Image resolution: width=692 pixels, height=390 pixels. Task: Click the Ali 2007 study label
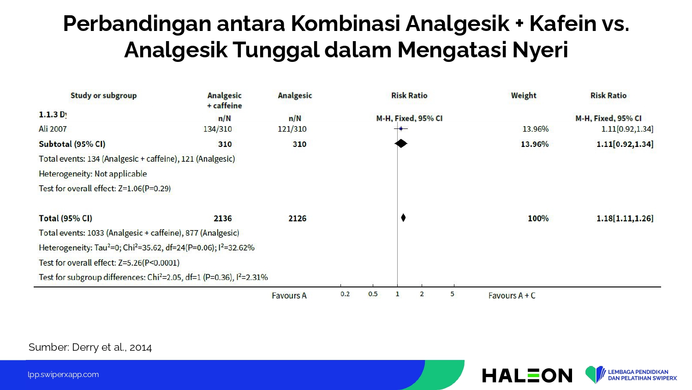(x=53, y=129)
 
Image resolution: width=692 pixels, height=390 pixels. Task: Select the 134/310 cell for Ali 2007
(x=217, y=129)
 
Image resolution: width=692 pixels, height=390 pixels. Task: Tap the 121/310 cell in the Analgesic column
(x=292, y=129)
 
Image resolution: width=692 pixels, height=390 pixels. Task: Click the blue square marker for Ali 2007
(x=401, y=128)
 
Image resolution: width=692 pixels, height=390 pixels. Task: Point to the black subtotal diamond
(x=401, y=143)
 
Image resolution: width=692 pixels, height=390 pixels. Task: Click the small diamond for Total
(x=403, y=218)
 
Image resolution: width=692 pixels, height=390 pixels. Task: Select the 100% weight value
(x=538, y=218)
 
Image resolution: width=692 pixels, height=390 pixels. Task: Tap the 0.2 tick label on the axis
(x=345, y=294)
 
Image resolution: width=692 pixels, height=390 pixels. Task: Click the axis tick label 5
(x=452, y=294)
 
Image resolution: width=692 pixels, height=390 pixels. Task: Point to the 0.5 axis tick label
(x=373, y=294)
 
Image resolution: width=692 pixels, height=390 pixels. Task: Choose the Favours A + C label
(x=512, y=296)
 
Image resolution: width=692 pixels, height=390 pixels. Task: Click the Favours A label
(x=289, y=296)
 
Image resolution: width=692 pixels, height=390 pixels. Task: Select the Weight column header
(x=524, y=95)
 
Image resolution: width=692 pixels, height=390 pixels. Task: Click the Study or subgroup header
(x=103, y=95)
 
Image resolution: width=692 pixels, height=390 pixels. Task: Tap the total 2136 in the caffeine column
(x=222, y=218)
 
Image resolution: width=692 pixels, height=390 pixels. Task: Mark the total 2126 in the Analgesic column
(x=297, y=218)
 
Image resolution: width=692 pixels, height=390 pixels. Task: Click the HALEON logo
(x=527, y=375)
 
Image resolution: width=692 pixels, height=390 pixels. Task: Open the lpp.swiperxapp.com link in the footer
(x=63, y=375)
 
